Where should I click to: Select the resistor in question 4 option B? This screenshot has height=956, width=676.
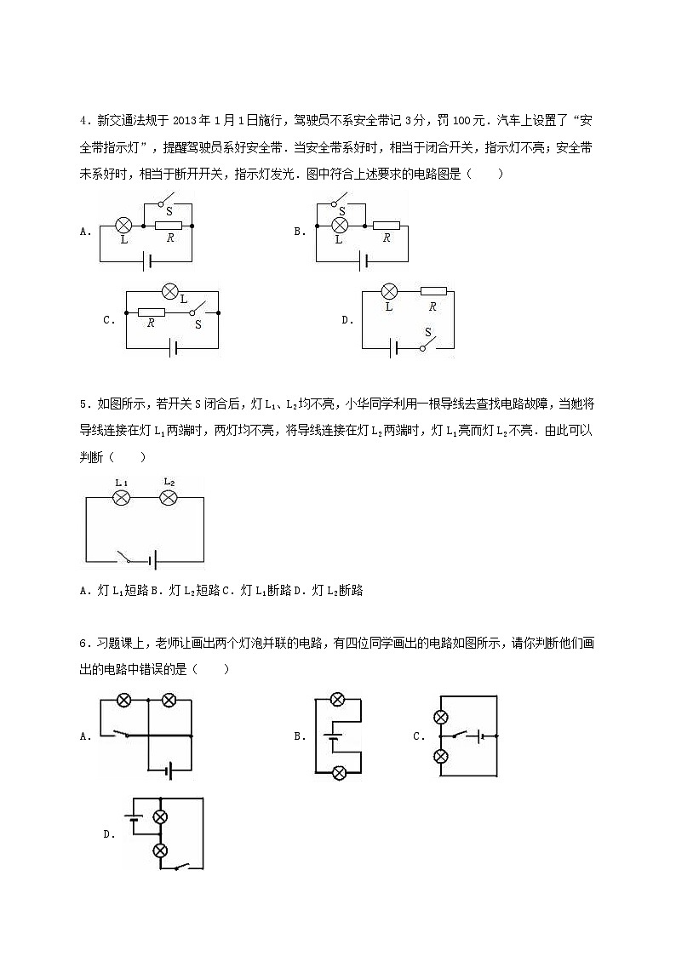pyautogui.click(x=387, y=226)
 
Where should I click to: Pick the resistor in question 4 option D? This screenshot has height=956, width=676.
pyautogui.click(x=433, y=291)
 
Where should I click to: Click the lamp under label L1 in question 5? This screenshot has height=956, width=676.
pyautogui.click(x=122, y=498)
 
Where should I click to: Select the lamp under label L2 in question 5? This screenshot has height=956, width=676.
pyautogui.click(x=168, y=498)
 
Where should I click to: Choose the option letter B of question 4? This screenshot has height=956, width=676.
pyautogui.click(x=299, y=231)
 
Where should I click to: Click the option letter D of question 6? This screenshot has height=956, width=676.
pyautogui.click(x=108, y=834)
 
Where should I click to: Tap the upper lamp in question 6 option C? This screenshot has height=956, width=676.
pyautogui.click(x=441, y=716)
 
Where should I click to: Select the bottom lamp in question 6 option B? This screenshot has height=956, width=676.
pyautogui.click(x=338, y=773)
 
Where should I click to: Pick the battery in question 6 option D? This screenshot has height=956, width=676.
pyautogui.click(x=133, y=819)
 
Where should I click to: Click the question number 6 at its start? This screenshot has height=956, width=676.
pyautogui.click(x=83, y=643)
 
